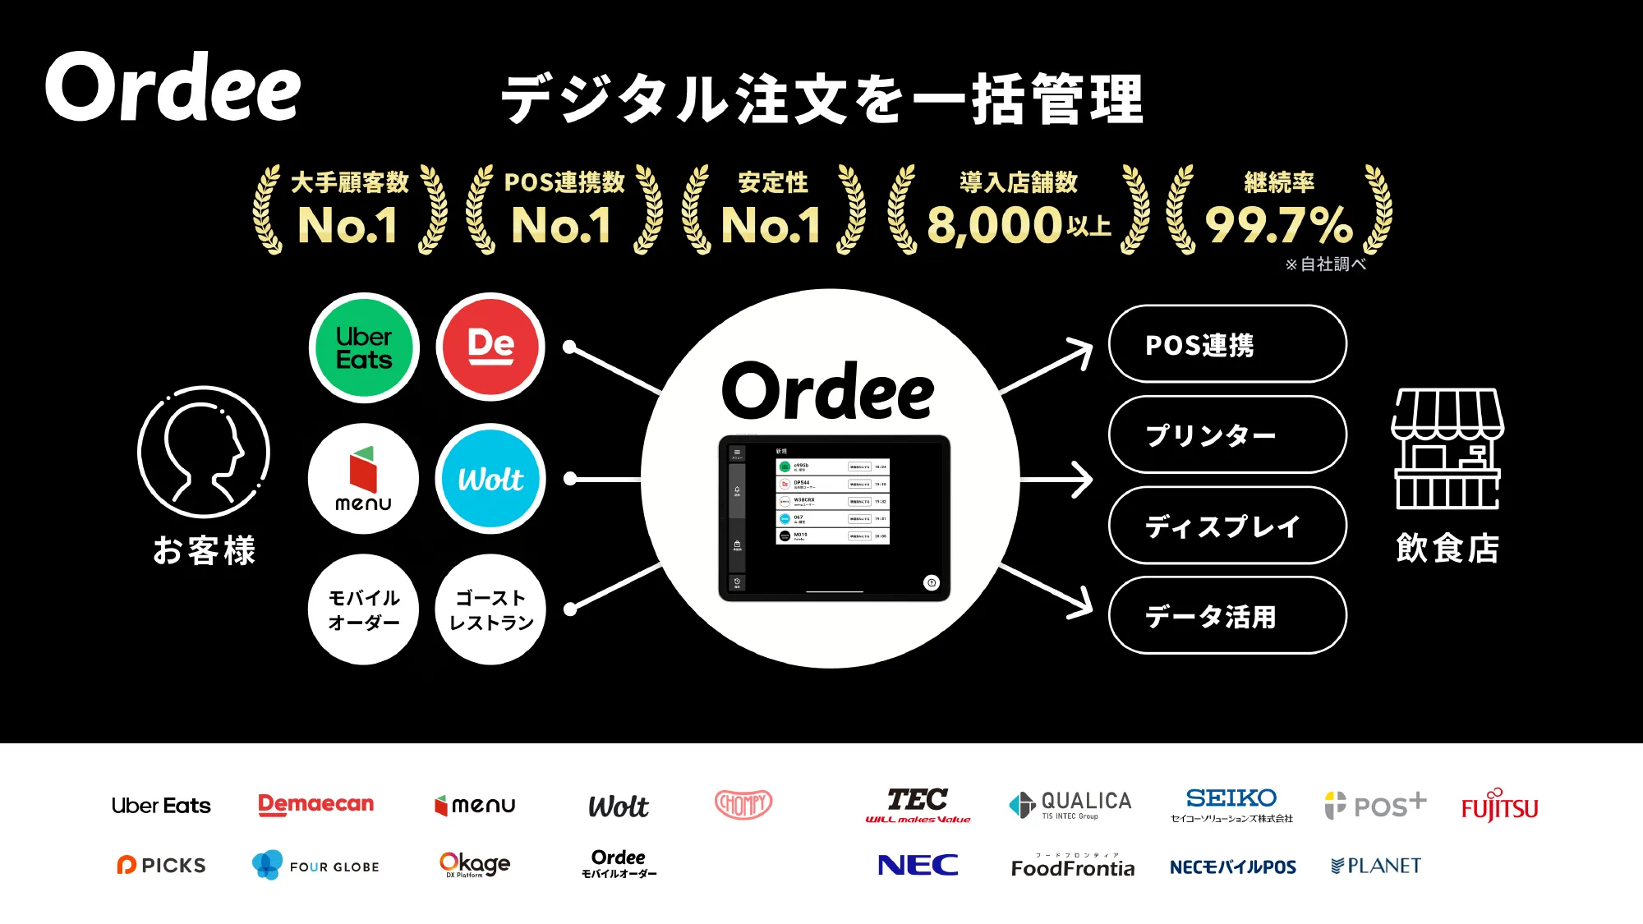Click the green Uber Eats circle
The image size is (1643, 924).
coord(364,348)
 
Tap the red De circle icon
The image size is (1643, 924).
coord(490,347)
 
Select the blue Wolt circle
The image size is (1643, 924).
coord(490,479)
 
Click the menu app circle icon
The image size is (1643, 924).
coord(363,479)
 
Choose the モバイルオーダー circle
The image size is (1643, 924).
coord(363,609)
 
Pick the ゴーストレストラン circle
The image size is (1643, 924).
coord(490,609)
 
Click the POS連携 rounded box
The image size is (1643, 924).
coord(1227,344)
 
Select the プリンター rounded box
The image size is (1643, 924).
coord(1227,434)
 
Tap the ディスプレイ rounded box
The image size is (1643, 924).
coord(1227,526)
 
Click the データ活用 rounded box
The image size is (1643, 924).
coord(1227,616)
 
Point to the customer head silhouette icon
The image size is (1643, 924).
coord(204,452)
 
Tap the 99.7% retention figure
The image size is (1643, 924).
coord(1278,224)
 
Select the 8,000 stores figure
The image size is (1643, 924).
coord(1018,224)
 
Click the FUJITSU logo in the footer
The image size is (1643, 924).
coord(1499,807)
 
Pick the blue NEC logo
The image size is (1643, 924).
coord(918,865)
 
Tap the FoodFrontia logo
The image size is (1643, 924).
coord(1073,867)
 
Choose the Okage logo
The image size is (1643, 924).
coord(475,864)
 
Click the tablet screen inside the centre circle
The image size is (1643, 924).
coord(835,518)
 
